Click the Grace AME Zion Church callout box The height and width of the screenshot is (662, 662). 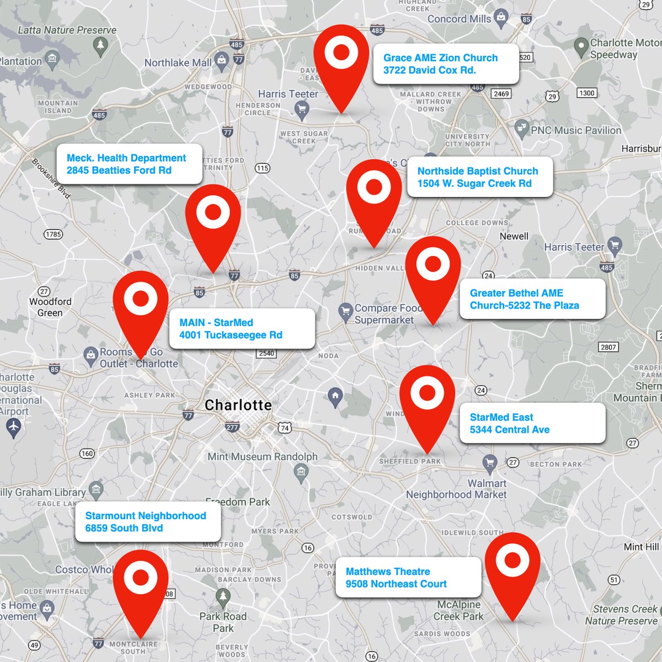[x=446, y=64]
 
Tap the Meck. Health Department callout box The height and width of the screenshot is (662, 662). [x=129, y=164]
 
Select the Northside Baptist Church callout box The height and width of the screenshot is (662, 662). [x=479, y=178]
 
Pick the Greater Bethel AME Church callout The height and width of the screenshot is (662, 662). [x=532, y=299]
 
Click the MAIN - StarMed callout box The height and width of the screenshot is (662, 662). [x=242, y=329]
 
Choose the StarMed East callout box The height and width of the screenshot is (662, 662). [x=532, y=424]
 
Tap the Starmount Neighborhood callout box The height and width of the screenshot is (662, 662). [x=148, y=522]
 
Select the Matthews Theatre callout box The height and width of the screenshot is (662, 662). [x=408, y=578]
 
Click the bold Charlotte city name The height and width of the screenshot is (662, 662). [x=238, y=405]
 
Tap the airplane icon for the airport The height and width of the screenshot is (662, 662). [x=13, y=426]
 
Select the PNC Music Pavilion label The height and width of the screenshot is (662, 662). [x=575, y=131]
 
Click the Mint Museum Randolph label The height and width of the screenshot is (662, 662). [x=263, y=457]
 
